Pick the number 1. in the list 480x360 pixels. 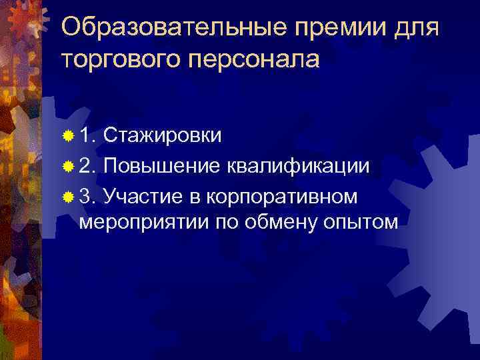pos(88,136)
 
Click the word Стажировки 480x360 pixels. pos(163,136)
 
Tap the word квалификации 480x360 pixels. pos(298,165)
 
